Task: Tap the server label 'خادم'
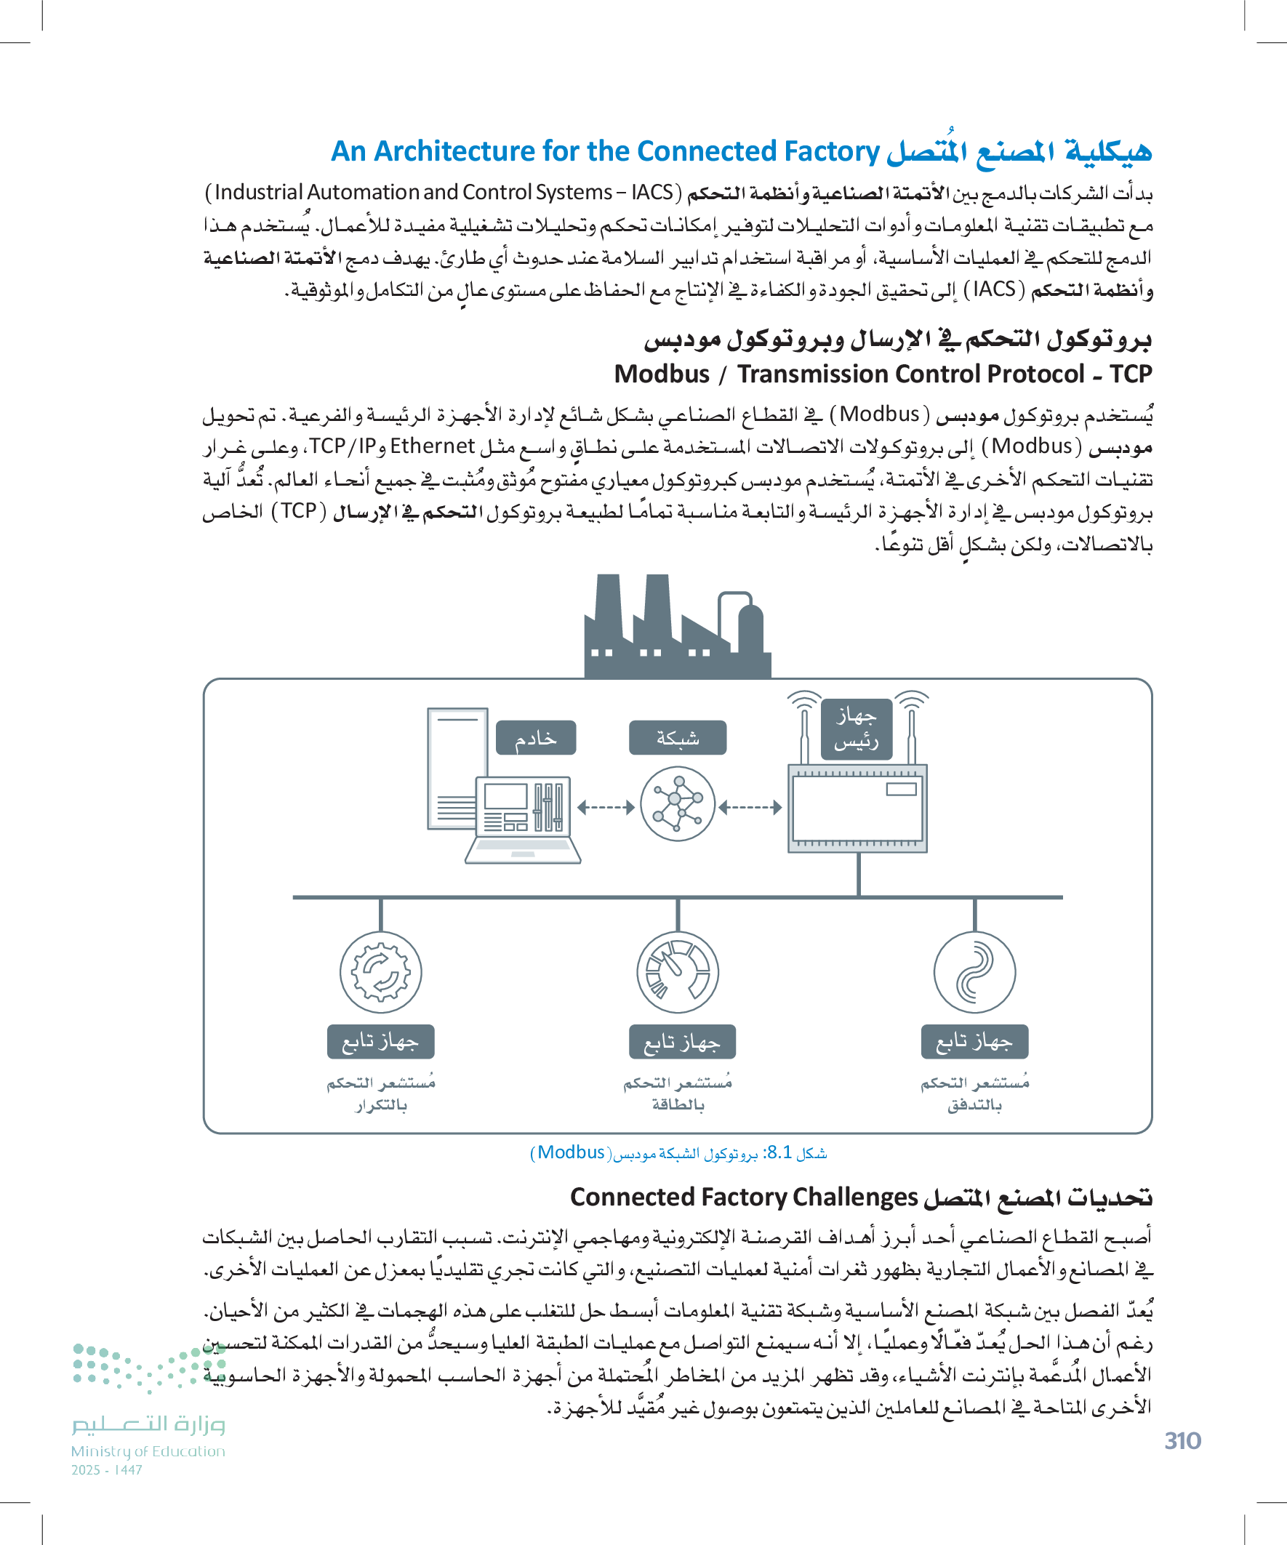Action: pyautogui.click(x=536, y=738)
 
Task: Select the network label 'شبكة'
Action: pyautogui.click(x=677, y=738)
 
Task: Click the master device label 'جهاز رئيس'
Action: pyautogui.click(x=856, y=729)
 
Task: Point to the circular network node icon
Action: pyautogui.click(x=677, y=804)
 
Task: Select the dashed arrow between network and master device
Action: pyautogui.click(x=750, y=808)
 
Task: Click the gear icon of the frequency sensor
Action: pyautogui.click(x=380, y=973)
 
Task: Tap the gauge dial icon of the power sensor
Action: pyautogui.click(x=677, y=973)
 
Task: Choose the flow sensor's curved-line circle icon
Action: pyautogui.click(x=974, y=973)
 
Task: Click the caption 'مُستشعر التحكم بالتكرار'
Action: pyautogui.click(x=380, y=1094)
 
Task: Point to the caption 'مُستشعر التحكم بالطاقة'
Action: pyautogui.click(x=677, y=1094)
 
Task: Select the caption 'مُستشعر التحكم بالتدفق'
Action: pyautogui.click(x=974, y=1094)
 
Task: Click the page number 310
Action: pyautogui.click(x=1182, y=1440)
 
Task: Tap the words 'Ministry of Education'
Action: pyautogui.click(x=148, y=1451)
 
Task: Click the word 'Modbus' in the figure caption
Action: pyautogui.click(x=570, y=1152)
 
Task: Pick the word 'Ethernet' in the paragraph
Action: pyautogui.click(x=432, y=446)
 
